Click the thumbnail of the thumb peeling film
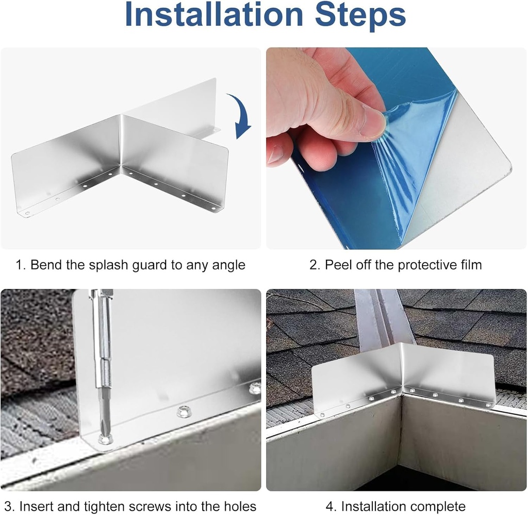click(x=372, y=123)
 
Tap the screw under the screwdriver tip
click(x=105, y=439)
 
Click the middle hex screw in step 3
click(x=183, y=411)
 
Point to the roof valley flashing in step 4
click(x=381, y=319)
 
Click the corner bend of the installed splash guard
click(x=400, y=368)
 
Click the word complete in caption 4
click(x=438, y=506)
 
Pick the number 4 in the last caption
click(x=330, y=506)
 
